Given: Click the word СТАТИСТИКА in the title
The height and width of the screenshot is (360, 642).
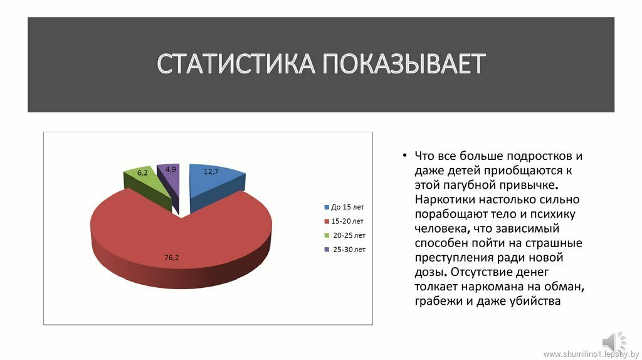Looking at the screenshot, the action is pos(236,64).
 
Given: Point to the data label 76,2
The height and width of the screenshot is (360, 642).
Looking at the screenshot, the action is pos(172,258).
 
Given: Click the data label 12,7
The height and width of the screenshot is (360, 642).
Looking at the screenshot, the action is pos(211,172).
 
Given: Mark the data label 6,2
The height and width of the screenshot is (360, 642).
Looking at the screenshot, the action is pos(142,173).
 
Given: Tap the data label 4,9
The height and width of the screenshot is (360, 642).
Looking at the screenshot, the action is pos(171,169).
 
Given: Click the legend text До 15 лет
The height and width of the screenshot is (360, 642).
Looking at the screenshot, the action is pos(347,207).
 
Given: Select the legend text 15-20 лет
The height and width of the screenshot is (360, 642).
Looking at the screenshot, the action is pos(347,221).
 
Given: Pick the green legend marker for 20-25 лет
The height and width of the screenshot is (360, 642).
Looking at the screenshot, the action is pos(327,235).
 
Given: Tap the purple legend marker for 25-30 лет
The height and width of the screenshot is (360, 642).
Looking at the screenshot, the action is pos(327,250).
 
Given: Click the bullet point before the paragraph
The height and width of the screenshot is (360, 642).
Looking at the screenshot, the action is pos(404,156).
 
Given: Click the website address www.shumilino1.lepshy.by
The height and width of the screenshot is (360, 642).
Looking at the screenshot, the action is pos(591,354).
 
